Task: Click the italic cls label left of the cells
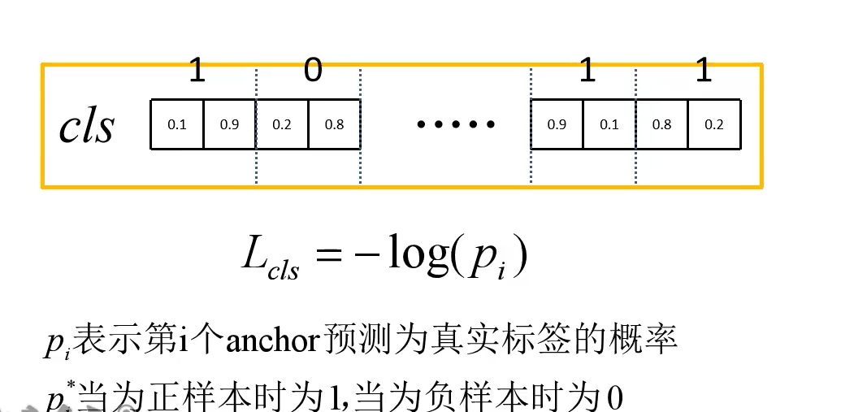point(86,126)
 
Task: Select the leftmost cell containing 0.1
point(176,125)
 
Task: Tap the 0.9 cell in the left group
point(229,125)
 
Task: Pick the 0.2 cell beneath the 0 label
point(282,125)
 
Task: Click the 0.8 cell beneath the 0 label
point(334,125)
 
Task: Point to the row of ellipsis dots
point(456,125)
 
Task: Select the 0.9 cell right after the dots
point(557,125)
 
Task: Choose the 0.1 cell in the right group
point(609,125)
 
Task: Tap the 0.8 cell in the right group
point(662,125)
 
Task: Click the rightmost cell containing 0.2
point(714,125)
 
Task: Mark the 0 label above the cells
point(313,72)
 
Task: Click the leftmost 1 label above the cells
point(197,72)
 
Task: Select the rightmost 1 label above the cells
point(704,72)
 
